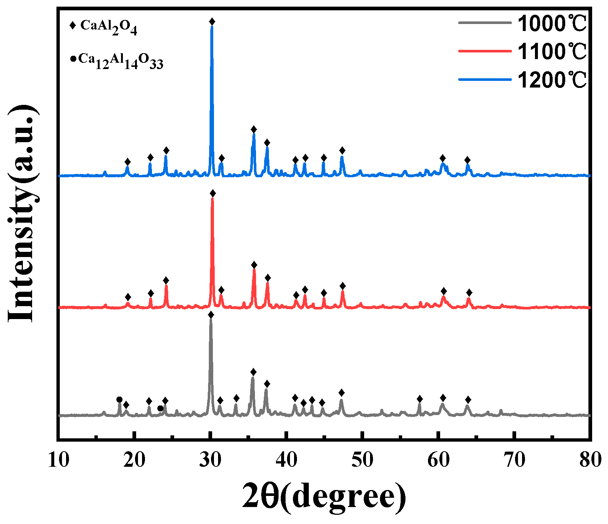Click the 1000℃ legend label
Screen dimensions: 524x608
[x=552, y=23]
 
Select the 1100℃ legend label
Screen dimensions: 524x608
[x=552, y=51]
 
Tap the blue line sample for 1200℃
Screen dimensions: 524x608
[x=485, y=79]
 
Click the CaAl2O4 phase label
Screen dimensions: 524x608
[x=108, y=27]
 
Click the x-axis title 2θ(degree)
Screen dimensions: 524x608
[x=324, y=497]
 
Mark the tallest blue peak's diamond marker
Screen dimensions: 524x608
[x=212, y=22]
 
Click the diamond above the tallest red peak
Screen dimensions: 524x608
[x=213, y=193]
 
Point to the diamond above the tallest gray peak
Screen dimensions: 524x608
[x=211, y=315]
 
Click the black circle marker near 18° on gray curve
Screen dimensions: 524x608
[x=119, y=400]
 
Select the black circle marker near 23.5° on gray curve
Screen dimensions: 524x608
[x=160, y=408]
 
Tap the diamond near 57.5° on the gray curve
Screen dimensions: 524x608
[x=419, y=399]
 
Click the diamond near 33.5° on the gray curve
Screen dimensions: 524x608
[x=236, y=398]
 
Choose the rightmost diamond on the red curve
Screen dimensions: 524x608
[x=469, y=292]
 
